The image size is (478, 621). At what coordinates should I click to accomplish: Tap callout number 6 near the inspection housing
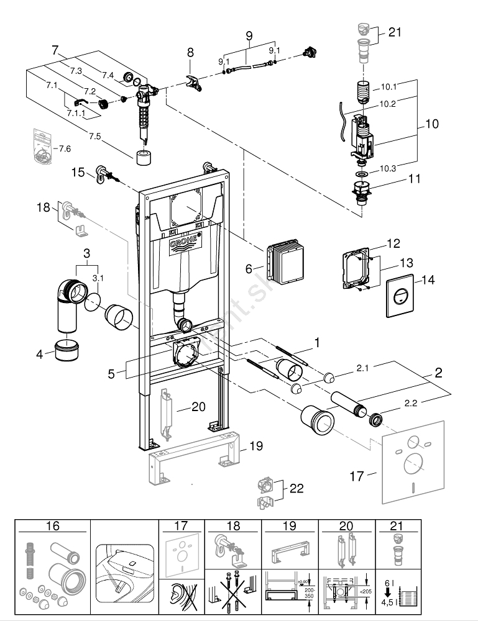(249, 268)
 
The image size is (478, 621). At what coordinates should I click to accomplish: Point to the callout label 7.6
(64, 148)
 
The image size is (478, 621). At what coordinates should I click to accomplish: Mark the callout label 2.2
(411, 403)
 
